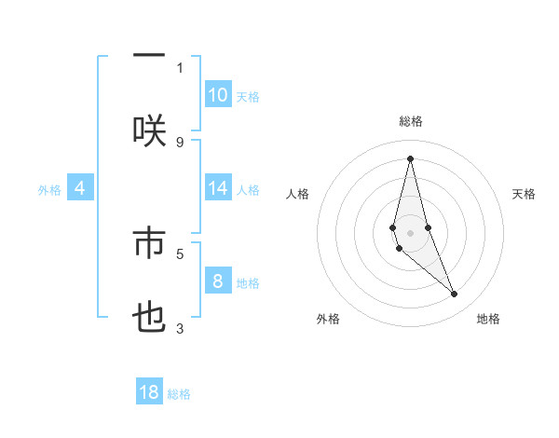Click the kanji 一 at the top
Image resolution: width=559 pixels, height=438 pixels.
149,56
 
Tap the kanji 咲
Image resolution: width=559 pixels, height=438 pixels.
149,130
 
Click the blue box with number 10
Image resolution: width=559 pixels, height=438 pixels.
218,95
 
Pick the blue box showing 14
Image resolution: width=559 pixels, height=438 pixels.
218,188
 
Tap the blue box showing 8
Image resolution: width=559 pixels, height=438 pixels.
218,281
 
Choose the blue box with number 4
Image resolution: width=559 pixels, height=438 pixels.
80,188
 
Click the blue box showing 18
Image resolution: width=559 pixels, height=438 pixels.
149,392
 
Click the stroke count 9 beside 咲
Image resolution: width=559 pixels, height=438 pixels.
180,143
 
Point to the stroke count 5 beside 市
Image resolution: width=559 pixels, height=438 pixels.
180,253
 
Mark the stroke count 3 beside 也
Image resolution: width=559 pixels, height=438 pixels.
180,328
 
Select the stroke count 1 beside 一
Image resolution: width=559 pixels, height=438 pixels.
180,67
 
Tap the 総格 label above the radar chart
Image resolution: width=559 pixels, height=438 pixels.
411,121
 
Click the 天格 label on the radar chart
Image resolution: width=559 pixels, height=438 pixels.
525,194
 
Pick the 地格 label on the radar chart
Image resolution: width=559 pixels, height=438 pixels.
488,319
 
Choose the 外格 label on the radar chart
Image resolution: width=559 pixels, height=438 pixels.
328,319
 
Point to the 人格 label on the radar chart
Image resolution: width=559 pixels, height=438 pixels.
297,194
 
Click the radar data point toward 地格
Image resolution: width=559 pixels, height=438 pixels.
455,294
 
